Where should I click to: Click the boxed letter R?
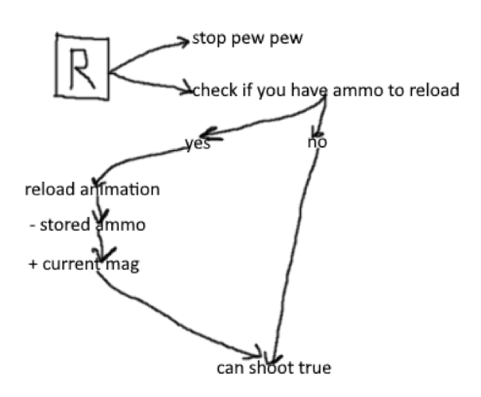(x=82, y=67)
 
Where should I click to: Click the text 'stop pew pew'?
(x=247, y=39)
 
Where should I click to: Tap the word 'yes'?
(x=197, y=144)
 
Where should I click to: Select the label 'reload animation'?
(x=92, y=190)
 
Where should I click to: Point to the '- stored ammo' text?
(x=87, y=225)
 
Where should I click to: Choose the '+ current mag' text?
(x=83, y=264)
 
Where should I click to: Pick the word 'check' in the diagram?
(x=215, y=90)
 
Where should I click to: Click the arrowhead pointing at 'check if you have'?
(x=188, y=89)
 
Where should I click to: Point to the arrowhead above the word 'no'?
(x=317, y=133)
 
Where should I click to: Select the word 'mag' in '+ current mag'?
(x=124, y=264)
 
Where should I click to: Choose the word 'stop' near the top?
(x=208, y=39)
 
